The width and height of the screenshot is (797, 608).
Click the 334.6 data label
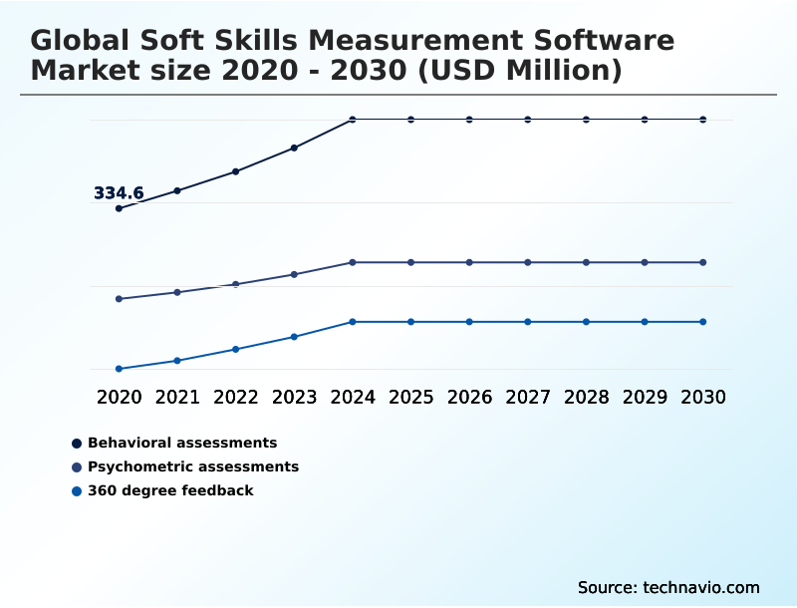pyautogui.click(x=119, y=193)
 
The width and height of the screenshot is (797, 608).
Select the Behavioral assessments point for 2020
pyautogui.click(x=119, y=208)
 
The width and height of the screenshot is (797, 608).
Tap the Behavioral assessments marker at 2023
pyautogui.click(x=294, y=148)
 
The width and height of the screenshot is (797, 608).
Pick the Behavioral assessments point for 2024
pyautogui.click(x=353, y=120)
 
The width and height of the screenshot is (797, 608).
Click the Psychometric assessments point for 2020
pyautogui.click(x=119, y=299)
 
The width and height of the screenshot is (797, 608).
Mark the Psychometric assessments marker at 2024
pyautogui.click(x=353, y=262)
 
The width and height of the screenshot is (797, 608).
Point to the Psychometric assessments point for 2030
pyautogui.click(x=703, y=262)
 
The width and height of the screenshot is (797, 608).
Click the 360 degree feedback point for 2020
pyautogui.click(x=119, y=369)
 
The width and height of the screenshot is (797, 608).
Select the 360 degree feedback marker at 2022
pyautogui.click(x=236, y=349)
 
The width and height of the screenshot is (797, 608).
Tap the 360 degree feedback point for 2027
pyautogui.click(x=528, y=322)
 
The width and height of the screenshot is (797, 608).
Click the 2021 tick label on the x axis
pyautogui.click(x=177, y=397)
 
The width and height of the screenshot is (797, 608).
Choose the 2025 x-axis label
pyautogui.click(x=411, y=397)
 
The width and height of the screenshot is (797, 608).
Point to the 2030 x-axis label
pyautogui.click(x=703, y=397)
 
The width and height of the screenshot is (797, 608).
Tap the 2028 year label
pyautogui.click(x=586, y=397)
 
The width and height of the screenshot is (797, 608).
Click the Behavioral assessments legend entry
pyautogui.click(x=182, y=443)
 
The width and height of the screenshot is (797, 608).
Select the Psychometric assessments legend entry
pyautogui.click(x=192, y=466)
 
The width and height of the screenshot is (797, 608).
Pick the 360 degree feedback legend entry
pyautogui.click(x=170, y=490)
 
